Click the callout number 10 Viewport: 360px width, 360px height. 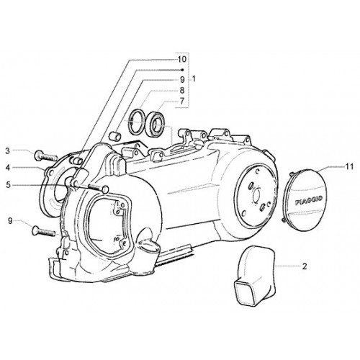point(182,59)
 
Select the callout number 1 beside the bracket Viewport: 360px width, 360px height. point(194,78)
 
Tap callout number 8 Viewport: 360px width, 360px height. point(182,90)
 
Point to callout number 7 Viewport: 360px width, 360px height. point(182,101)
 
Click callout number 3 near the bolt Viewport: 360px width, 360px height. point(8,151)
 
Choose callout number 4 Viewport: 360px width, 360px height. point(8,168)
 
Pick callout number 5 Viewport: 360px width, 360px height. point(9,185)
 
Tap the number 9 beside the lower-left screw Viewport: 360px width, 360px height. point(10,220)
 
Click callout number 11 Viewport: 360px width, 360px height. point(349,166)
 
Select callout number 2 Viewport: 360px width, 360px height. point(305,266)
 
